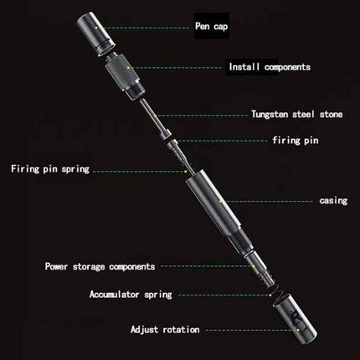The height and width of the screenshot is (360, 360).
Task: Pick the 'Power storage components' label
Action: tap(100, 266)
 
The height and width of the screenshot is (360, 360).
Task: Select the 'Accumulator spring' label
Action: tap(131, 295)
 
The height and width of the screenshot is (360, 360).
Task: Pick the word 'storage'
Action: tap(88, 266)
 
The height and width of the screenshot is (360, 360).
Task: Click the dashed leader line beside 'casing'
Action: tap(268, 201)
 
